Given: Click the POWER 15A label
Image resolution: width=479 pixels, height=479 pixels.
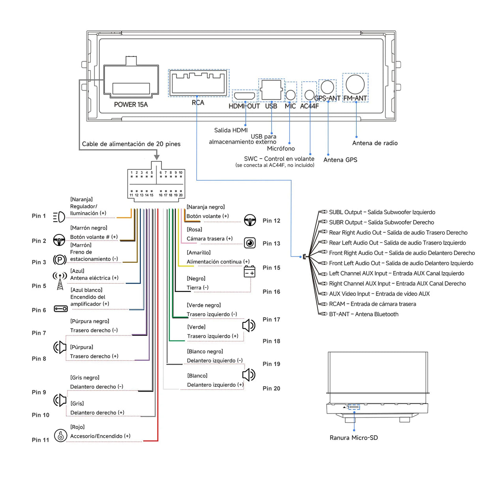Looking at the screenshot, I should [131, 105].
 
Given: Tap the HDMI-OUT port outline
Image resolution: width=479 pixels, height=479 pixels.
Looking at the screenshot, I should [245, 95].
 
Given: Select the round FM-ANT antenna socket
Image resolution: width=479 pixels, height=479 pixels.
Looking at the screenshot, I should [355, 84].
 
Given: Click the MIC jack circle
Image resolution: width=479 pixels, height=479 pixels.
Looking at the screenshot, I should [290, 94].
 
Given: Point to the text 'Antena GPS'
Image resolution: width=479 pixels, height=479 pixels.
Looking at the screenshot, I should [340, 160].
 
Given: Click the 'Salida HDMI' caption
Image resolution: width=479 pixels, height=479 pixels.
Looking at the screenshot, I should [231, 130].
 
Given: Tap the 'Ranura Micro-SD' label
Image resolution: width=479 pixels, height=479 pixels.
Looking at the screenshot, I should [354, 438].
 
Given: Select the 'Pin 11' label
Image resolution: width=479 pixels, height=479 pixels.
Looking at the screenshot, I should [40, 440].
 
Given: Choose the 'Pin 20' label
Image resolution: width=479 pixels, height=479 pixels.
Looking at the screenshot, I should [271, 388].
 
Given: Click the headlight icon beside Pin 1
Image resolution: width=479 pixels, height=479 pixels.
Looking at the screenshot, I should [59, 217].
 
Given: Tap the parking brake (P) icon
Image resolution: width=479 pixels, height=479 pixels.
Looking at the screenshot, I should [60, 260].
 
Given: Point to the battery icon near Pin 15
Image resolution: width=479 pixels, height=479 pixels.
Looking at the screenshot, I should [250, 271].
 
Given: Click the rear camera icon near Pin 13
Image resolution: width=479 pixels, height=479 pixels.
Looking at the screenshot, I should [250, 243].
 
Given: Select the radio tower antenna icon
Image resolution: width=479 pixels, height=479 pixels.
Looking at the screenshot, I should [60, 281].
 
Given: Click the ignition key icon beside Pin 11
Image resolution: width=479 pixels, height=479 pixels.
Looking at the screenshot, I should [60, 436].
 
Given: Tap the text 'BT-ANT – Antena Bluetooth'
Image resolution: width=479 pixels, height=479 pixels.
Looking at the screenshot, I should [363, 314].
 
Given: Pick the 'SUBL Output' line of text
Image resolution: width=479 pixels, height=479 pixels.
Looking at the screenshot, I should [382, 212].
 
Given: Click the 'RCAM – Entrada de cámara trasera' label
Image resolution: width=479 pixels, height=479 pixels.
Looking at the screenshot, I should [372, 304].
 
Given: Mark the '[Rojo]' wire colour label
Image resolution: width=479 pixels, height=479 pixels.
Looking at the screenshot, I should [77, 427].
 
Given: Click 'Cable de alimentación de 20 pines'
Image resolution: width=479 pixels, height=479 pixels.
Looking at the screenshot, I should [131, 144].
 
